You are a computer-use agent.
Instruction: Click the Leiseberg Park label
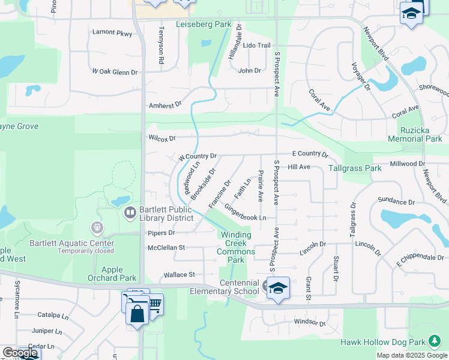pos(203,25)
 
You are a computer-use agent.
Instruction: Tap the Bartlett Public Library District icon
pos(129,212)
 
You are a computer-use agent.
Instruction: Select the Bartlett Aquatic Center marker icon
pos(96,228)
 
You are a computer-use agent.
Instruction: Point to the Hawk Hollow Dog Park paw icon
pos(433,342)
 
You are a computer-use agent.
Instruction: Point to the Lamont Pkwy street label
pos(112,34)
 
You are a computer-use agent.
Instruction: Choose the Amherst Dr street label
pos(165,105)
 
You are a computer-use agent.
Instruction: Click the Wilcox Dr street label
pos(162,138)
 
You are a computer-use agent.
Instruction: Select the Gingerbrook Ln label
pos(245,212)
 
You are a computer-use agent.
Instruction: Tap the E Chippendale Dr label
pos(420,259)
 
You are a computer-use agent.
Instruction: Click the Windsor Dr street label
pos(310,323)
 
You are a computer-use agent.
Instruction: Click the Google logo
pos(19,353)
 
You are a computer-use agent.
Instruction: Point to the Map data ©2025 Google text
pos(412,355)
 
